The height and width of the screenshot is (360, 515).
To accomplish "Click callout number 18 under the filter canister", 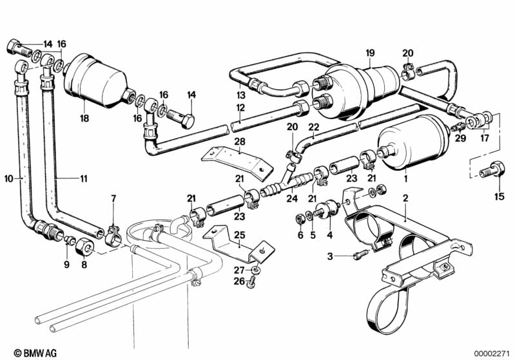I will [84, 118].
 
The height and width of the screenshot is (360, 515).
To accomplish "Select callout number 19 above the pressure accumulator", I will [370, 53].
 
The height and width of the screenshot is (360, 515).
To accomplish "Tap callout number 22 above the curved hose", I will [314, 128].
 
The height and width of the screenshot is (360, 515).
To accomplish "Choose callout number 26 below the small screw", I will [240, 281].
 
